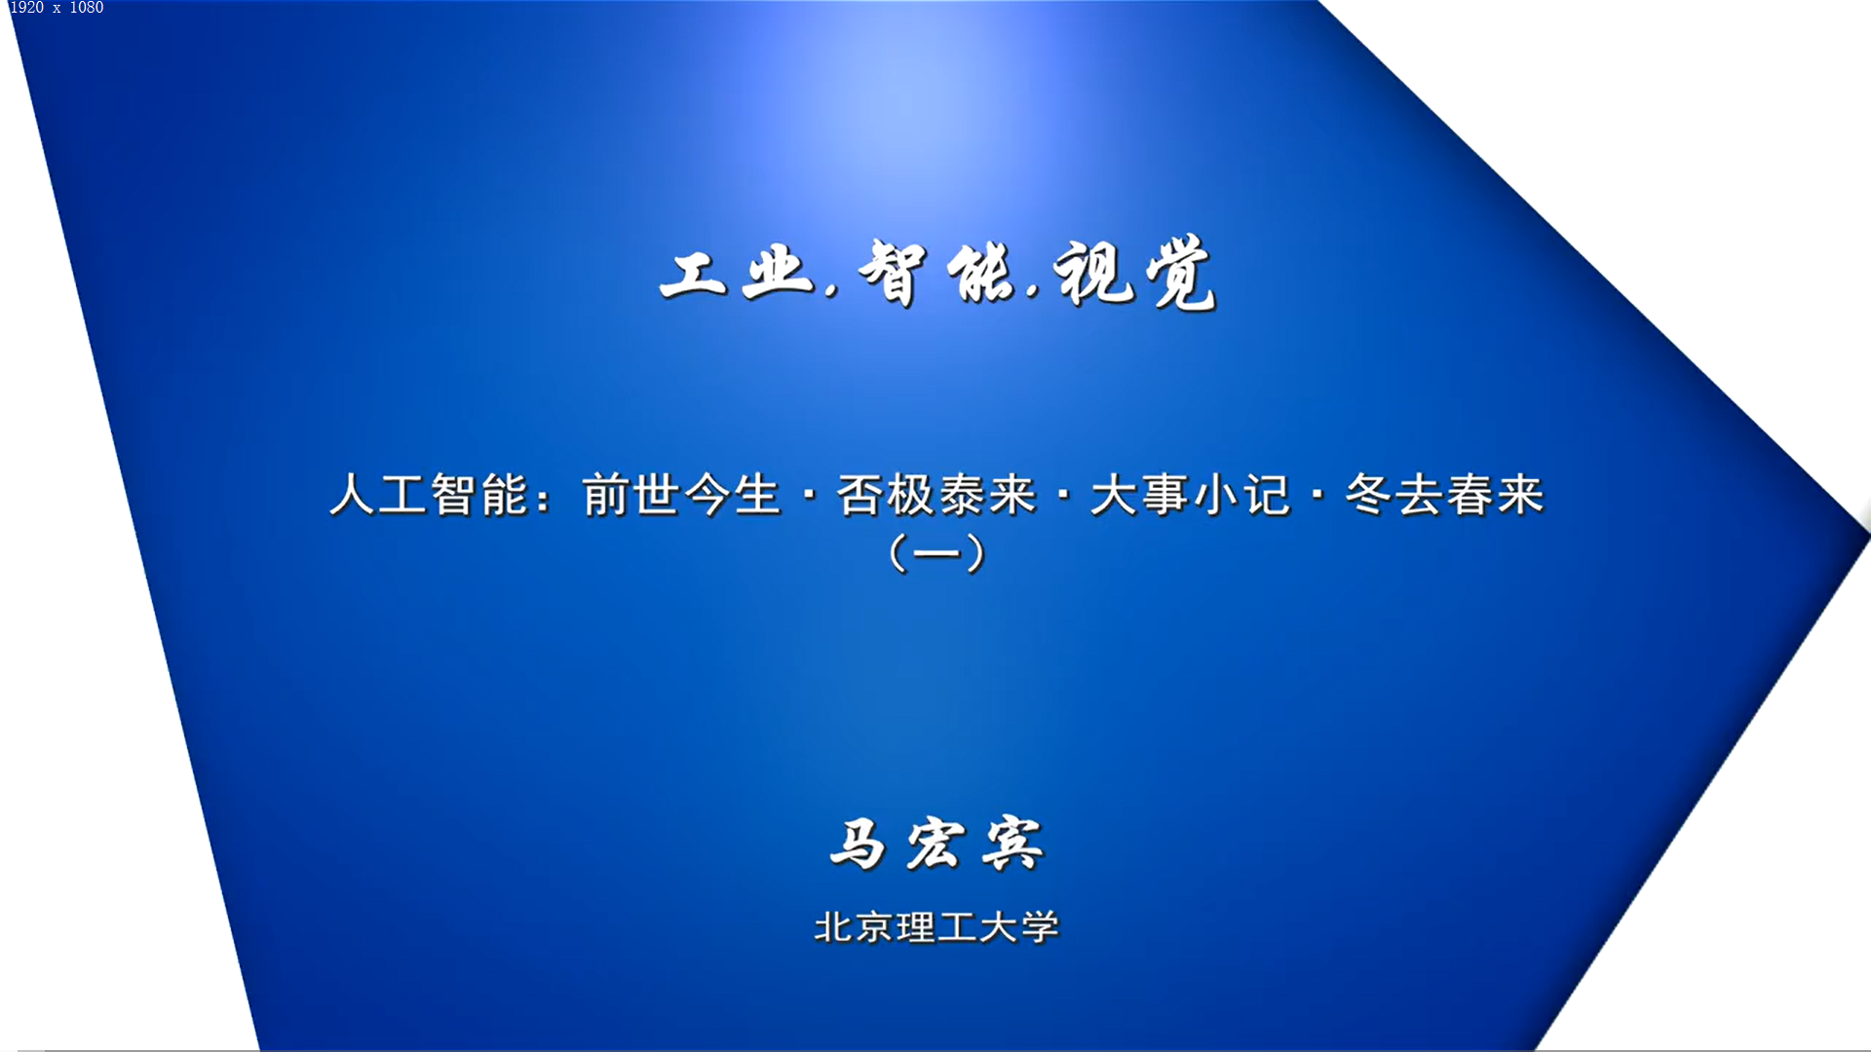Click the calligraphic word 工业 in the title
tap(737, 273)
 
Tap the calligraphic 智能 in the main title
tap(936, 273)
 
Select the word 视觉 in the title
tap(1135, 273)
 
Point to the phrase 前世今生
tap(681, 495)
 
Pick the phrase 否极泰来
tap(935, 495)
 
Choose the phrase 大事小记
tap(1190, 495)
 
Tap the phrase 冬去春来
tap(1444, 495)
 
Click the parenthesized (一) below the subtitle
tap(937, 553)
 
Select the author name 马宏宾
tap(936, 844)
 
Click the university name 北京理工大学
tap(936, 927)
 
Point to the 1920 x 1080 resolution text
tap(57, 8)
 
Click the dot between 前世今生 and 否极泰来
tap(809, 495)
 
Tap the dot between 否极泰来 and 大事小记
tap(1063, 495)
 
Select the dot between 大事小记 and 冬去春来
tap(1317, 495)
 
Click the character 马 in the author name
tap(858, 844)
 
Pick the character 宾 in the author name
tap(1013, 844)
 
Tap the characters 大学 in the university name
tap(1019, 927)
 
